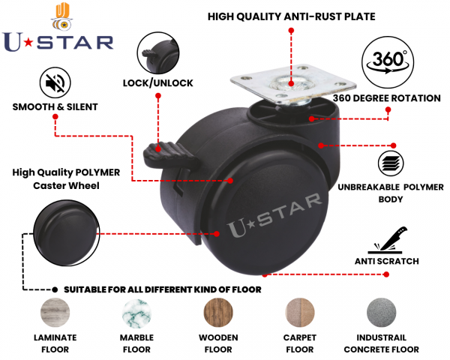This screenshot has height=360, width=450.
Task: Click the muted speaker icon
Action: coord(55,83)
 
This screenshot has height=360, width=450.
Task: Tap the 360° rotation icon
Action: coord(388,62)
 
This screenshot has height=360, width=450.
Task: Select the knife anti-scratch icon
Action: coord(388,240)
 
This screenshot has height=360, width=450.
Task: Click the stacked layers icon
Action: coord(391,163)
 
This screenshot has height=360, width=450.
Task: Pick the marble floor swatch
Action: coord(136,313)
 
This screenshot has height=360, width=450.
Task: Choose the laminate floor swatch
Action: coord(55,313)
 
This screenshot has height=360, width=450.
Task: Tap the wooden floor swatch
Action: coord(218,313)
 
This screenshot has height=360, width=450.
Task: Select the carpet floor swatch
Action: coord(299,313)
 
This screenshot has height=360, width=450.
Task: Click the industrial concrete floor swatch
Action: coord(382,313)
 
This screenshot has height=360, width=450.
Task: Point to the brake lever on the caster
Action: coord(170,157)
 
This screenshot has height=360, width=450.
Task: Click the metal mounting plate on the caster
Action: coord(293,83)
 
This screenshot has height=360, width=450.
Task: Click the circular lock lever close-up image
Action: coord(158,52)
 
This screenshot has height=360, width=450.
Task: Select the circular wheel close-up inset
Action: coord(67,232)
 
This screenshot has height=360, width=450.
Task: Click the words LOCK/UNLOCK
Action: coord(157,83)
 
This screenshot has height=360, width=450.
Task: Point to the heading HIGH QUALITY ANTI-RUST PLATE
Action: coord(291,16)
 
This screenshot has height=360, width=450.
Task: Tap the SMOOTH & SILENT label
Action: coord(55,106)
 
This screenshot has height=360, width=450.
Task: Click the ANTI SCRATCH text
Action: coord(387,261)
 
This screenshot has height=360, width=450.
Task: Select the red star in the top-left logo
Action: coord(28,43)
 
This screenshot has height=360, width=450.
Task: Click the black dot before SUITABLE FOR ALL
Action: coord(55,289)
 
